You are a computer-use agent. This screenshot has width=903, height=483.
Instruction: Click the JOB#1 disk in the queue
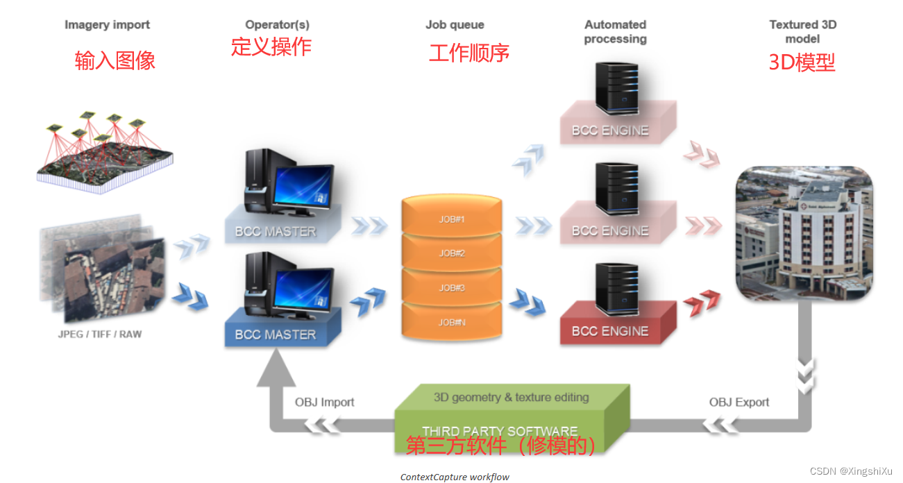[x=451, y=219]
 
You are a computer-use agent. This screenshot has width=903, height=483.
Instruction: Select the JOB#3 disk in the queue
[x=451, y=288]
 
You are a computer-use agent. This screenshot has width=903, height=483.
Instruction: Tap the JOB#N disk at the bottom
[x=451, y=322]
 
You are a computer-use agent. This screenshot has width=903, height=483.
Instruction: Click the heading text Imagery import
[x=107, y=25]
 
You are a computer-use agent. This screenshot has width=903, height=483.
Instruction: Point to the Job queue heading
[x=455, y=25]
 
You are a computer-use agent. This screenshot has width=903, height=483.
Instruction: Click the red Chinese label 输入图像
[x=115, y=61]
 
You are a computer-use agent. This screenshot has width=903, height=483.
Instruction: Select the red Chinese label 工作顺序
[x=469, y=53]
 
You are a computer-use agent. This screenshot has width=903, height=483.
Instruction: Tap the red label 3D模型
[x=802, y=62]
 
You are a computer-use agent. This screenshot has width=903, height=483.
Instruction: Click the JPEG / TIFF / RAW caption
[x=100, y=334]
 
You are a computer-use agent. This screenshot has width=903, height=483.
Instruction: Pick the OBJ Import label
[x=324, y=402]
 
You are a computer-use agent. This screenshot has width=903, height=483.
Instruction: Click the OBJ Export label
[x=739, y=402]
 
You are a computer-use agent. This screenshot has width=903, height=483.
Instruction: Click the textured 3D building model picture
[x=803, y=233]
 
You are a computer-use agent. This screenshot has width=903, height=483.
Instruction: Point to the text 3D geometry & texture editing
[x=511, y=398]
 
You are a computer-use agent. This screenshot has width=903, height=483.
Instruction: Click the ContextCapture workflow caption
[x=455, y=477]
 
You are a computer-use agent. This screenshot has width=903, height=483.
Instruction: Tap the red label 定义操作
[x=271, y=46]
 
